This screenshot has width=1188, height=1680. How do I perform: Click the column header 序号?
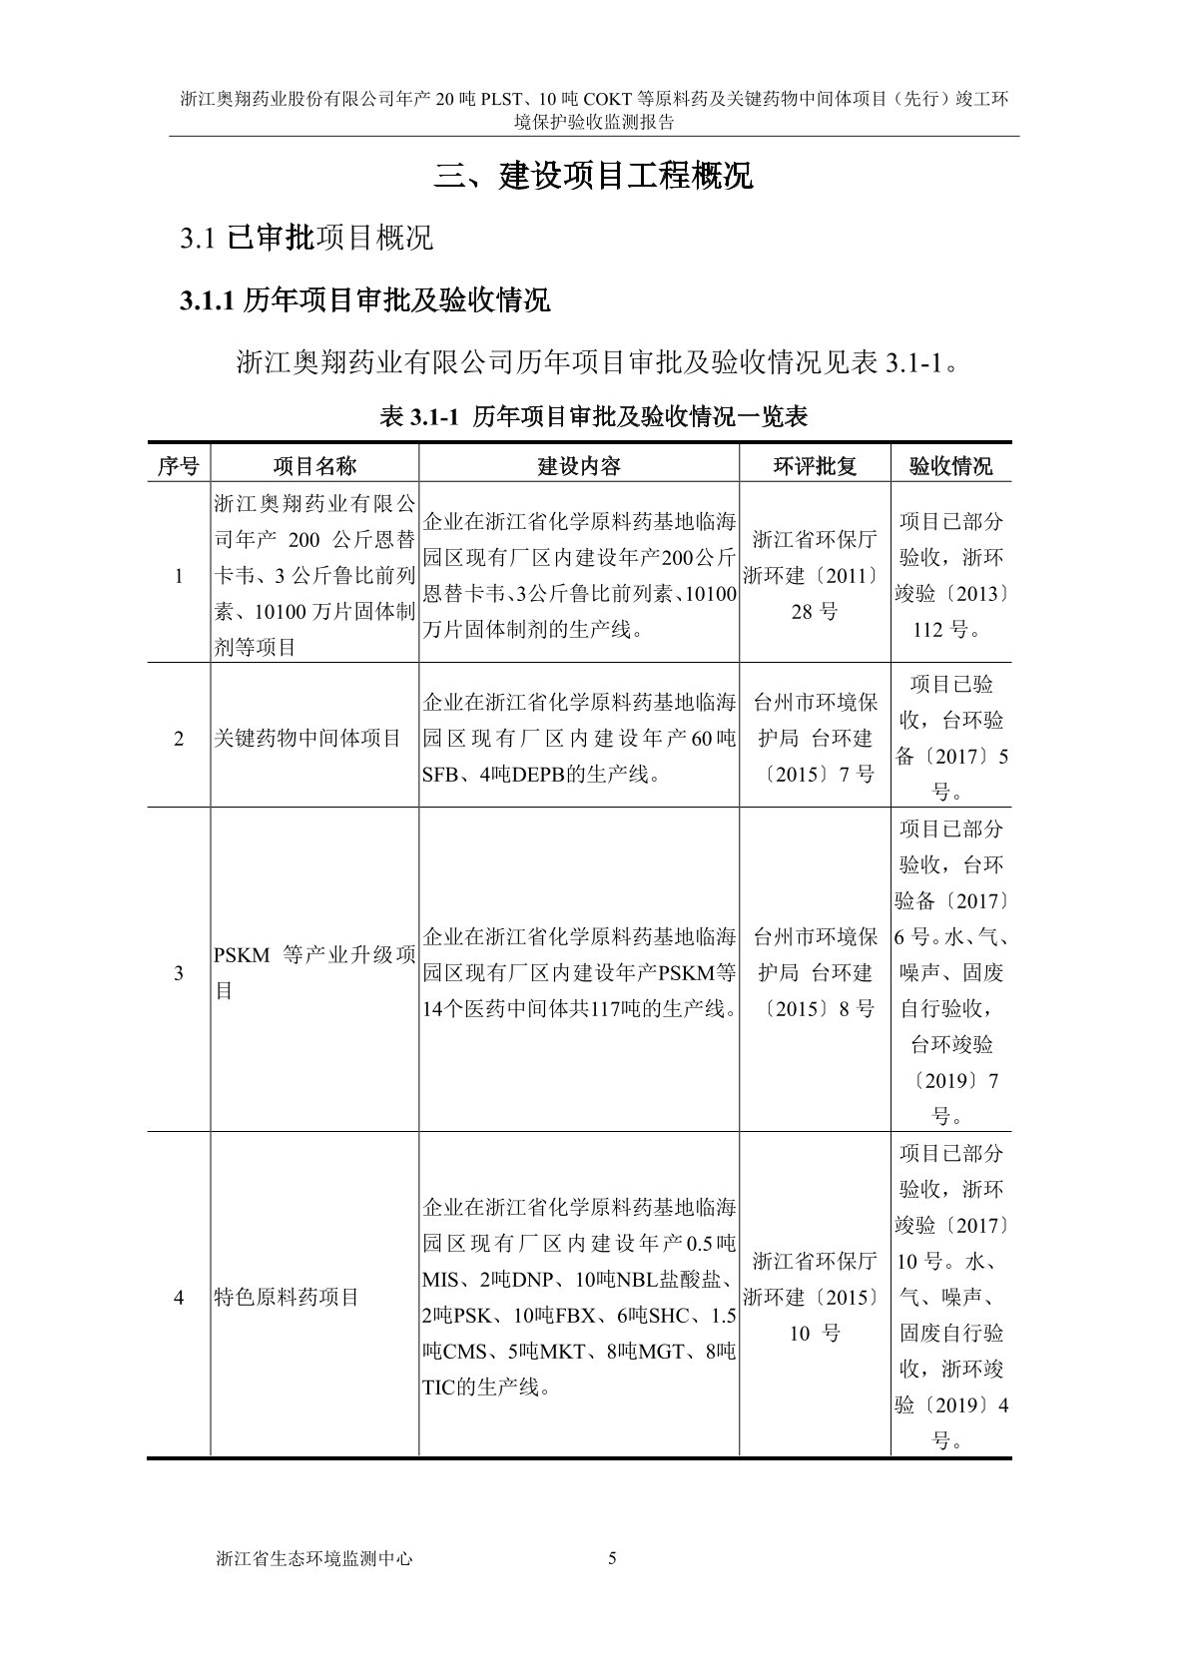point(179,465)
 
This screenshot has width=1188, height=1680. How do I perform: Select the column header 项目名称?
point(314,465)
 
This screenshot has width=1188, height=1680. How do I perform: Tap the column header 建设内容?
point(579,465)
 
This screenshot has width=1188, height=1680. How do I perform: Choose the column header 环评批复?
point(815,465)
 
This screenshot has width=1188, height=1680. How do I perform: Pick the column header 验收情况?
point(950,465)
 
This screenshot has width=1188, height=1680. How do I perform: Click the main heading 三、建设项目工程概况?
point(594,177)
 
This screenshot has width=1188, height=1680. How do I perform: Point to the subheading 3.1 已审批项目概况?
point(306,238)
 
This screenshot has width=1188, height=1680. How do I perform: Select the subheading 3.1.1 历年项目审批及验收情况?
point(364,299)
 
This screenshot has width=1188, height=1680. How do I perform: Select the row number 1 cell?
point(179,575)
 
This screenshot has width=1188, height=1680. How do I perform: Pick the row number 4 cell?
point(179,1298)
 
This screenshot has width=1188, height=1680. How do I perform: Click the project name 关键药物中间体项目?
point(307,738)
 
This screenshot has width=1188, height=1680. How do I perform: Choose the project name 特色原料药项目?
point(287,1298)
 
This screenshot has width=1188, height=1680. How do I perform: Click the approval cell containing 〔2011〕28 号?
point(815,576)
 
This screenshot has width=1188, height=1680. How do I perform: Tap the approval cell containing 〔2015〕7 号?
point(815,738)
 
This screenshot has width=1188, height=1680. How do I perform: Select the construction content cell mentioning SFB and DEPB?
point(579,738)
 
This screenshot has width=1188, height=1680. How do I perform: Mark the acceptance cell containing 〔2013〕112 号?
point(950,575)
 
